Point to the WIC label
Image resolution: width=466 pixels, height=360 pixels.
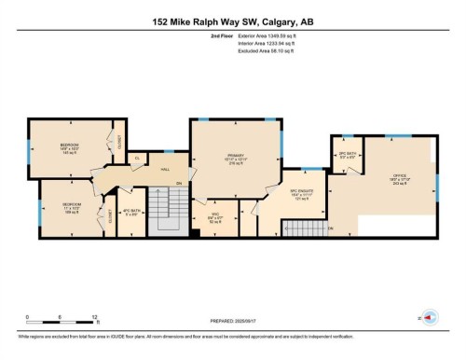click(x=209, y=218)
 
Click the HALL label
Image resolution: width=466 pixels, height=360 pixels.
click(x=164, y=168)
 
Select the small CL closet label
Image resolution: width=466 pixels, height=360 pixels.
click(x=137, y=159)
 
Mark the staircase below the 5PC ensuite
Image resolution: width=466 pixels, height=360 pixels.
click(x=303, y=226)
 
